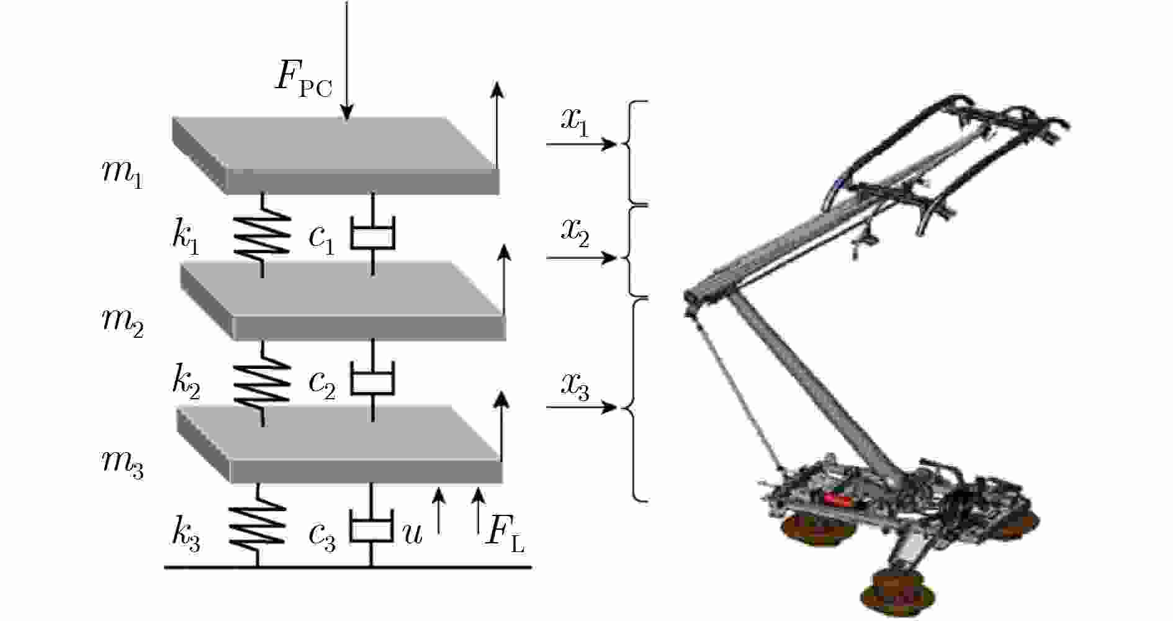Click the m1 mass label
click(122, 174)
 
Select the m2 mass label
click(122, 322)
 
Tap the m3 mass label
click(122, 464)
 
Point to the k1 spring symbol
click(262, 235)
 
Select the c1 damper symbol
click(372, 235)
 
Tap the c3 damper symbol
click(371, 527)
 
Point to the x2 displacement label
click(575, 233)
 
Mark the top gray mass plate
click(335, 155)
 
